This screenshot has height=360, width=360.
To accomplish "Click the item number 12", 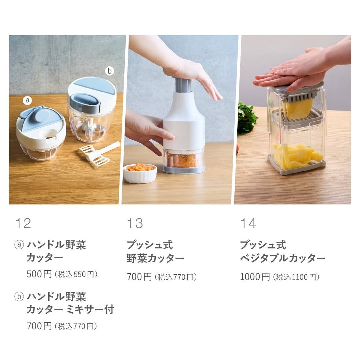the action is (23, 223).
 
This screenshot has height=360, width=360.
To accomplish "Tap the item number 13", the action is (135, 223).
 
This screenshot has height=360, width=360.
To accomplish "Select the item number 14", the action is (248, 223).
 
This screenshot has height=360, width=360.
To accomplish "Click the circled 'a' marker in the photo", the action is (27, 100).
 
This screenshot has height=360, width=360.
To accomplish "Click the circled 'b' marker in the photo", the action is (110, 71).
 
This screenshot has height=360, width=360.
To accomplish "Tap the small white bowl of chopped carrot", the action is (140, 173).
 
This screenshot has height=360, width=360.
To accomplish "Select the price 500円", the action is (39, 274).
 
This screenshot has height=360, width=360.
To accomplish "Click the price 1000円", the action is (255, 277).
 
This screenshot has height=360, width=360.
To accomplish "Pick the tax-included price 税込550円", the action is (76, 274).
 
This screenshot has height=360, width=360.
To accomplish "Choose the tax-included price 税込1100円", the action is (296, 277).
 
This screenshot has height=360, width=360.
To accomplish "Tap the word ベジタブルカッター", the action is (283, 258).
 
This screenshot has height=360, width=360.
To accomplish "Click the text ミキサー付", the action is (90, 309).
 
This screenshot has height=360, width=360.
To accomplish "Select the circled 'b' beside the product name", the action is (19, 296).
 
